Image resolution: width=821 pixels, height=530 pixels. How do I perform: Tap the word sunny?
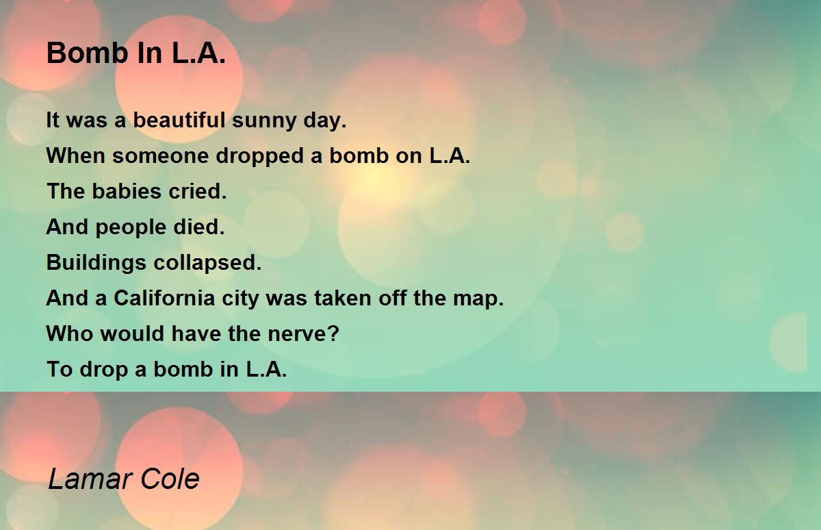(x=264, y=121)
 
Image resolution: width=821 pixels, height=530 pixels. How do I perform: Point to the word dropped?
(x=259, y=156)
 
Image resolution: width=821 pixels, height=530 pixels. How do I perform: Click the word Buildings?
(x=96, y=263)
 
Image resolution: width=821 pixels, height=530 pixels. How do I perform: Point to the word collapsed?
(x=207, y=263)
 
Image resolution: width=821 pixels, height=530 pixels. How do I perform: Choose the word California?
(x=164, y=298)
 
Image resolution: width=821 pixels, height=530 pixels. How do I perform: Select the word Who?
(x=70, y=333)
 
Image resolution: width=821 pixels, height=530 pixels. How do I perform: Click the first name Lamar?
(x=90, y=479)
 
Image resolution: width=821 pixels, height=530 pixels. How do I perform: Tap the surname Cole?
(x=170, y=479)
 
